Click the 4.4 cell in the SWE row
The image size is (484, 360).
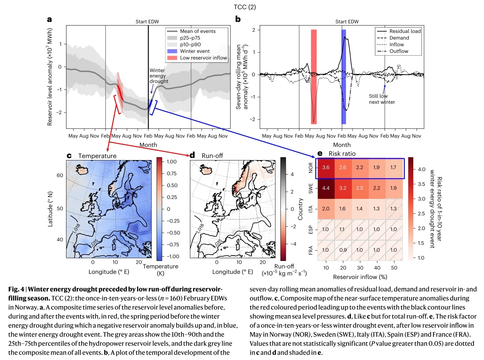coord(326,188)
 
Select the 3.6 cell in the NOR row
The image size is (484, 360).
coord(326,167)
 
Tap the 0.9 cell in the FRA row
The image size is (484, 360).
coord(343,250)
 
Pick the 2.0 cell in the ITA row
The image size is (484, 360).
coord(326,209)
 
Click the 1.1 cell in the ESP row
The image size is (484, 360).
coord(343,229)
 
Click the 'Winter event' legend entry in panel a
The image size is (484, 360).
coord(195,51)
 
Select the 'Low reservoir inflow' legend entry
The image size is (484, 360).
coord(203,58)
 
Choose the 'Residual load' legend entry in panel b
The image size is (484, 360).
coord(405,31)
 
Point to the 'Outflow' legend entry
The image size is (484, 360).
coord(399,51)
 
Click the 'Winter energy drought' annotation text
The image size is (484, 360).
coord(159,76)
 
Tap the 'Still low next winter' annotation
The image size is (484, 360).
coord(382,99)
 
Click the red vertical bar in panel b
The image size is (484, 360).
coord(314,77)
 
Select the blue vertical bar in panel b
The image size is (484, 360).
coord(344,77)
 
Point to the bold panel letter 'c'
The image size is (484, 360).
coord(69,156)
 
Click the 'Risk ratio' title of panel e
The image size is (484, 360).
coord(342,154)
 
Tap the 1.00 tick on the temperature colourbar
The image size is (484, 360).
coord(172,162)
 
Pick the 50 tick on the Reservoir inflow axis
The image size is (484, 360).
coord(394,268)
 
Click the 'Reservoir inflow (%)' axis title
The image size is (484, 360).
coord(360,277)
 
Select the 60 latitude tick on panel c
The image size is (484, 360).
coord(60,175)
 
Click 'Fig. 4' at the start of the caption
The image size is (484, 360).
coord(16,289)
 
